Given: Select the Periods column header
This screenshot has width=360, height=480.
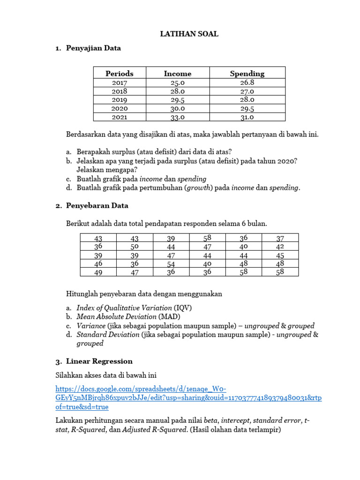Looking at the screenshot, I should pyautogui.click(x=119, y=74).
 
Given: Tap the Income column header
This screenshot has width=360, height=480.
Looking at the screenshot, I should pyautogui.click(x=178, y=74).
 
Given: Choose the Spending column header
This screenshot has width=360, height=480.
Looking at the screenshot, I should pyautogui.click(x=247, y=74).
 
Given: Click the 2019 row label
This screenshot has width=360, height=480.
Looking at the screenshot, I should pyautogui.click(x=119, y=100).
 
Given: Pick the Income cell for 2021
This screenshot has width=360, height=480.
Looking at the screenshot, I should pyautogui.click(x=178, y=117).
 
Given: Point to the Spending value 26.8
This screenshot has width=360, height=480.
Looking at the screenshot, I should pyautogui.click(x=247, y=82).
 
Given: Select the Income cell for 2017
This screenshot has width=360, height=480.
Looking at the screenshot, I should pyautogui.click(x=178, y=82).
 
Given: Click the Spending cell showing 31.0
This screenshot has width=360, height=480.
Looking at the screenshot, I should pyautogui.click(x=247, y=117).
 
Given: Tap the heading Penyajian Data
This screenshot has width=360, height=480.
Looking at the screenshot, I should pyautogui.click(x=93, y=48).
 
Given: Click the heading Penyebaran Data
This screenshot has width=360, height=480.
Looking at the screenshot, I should pyautogui.click(x=97, y=206).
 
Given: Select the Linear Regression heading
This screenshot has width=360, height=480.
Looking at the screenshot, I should pyautogui.click(x=99, y=361).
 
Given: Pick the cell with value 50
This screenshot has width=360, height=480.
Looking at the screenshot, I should pyautogui.click(x=135, y=247).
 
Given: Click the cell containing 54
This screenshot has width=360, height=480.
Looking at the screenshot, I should pyautogui.click(x=171, y=264).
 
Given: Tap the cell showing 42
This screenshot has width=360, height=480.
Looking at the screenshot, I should pyautogui.click(x=280, y=247).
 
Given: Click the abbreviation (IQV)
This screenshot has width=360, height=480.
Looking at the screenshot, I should pyautogui.click(x=183, y=308).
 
